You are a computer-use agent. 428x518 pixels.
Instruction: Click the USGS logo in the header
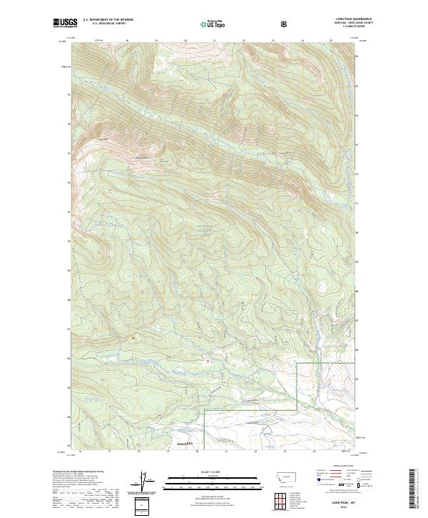click(65, 24)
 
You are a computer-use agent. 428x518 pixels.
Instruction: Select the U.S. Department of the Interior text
click(108, 20)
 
